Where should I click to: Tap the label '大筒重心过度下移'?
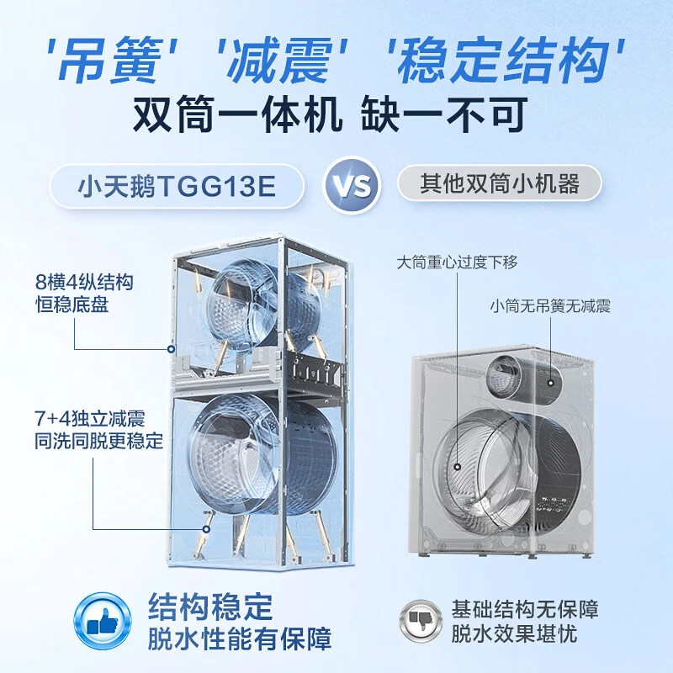pos(457,262)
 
